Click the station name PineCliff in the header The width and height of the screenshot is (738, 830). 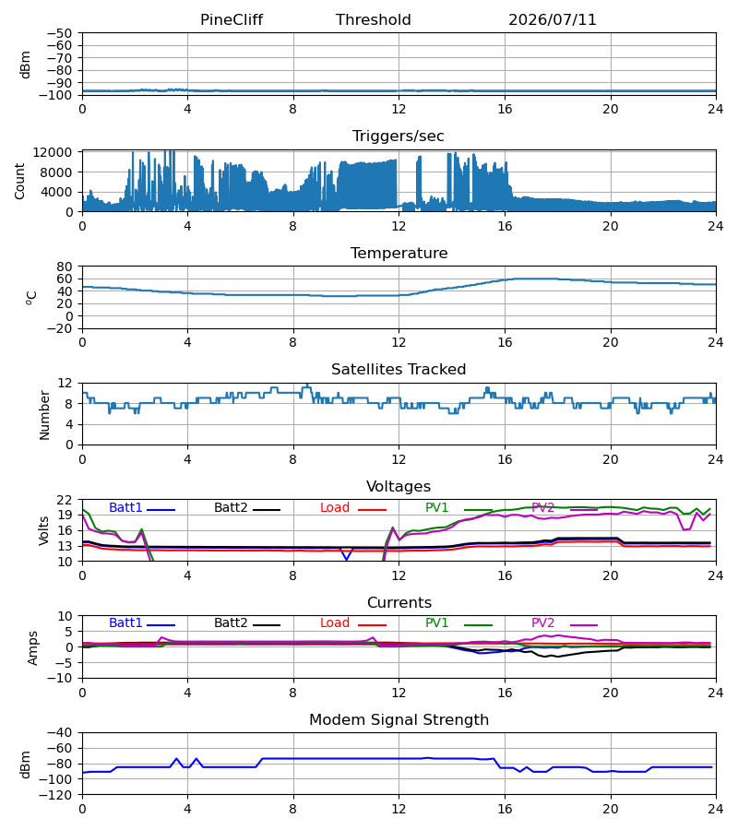tap(232, 19)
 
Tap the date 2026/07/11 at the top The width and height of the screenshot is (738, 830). tap(553, 19)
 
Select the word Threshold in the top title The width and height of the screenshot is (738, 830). tap(374, 19)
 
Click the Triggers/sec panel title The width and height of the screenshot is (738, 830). tap(399, 136)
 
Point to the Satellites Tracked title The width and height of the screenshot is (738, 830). tap(399, 369)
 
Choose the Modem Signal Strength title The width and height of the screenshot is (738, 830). tap(399, 720)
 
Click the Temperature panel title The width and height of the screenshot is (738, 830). tap(399, 253)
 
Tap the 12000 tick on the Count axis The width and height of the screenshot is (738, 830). tap(53, 152)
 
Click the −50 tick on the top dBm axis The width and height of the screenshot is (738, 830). tap(59, 33)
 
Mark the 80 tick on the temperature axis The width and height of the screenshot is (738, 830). tap(64, 267)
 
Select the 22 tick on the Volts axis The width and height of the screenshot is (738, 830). tap(64, 500)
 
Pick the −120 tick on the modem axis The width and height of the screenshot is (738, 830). tap(55, 795)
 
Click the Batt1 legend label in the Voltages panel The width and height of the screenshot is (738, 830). tap(125, 507)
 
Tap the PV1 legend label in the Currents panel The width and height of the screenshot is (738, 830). tap(436, 623)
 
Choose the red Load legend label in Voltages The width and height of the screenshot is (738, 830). tap(335, 507)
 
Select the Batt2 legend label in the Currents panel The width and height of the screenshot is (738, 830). tap(231, 623)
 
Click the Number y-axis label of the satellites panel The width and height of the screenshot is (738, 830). tap(44, 415)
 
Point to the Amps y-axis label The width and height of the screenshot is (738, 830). tap(33, 648)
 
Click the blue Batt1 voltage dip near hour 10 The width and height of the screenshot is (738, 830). tap(347, 558)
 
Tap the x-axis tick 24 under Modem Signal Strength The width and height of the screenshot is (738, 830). tap(715, 810)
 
